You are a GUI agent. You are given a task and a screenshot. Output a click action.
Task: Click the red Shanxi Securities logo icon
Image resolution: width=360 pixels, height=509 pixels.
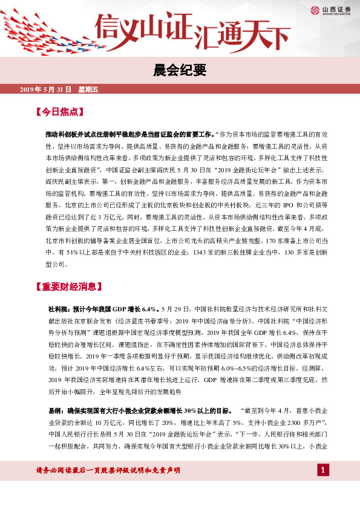[x=315, y=9]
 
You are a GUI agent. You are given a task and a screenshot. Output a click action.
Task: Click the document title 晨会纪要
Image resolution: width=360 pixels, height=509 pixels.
[x=180, y=70]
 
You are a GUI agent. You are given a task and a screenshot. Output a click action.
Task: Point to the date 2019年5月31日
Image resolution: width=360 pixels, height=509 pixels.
[x=45, y=89]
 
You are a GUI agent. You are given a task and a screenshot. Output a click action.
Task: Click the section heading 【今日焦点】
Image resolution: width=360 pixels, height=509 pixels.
[x=59, y=112]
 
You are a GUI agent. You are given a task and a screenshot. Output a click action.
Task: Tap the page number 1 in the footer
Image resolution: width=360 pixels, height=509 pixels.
[x=324, y=487]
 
